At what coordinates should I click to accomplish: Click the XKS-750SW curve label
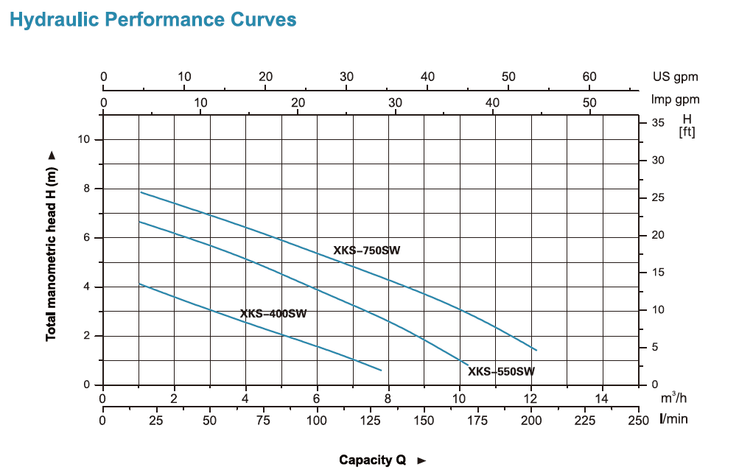pyautogui.click(x=367, y=251)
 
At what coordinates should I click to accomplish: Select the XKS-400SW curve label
pyautogui.click(x=273, y=314)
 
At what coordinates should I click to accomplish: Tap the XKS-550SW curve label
pyautogui.click(x=501, y=371)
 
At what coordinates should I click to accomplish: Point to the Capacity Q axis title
pyautogui.click(x=373, y=460)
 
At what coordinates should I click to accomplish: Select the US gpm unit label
pyautogui.click(x=675, y=77)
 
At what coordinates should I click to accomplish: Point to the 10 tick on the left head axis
pyautogui.click(x=86, y=139)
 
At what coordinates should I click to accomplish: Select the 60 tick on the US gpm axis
pyautogui.click(x=589, y=77)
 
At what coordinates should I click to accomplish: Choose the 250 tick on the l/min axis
pyautogui.click(x=638, y=419)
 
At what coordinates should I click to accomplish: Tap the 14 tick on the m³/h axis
pyautogui.click(x=602, y=399)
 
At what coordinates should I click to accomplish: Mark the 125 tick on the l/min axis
pyautogui.click(x=371, y=419)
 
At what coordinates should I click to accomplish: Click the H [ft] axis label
pyautogui.click(x=687, y=125)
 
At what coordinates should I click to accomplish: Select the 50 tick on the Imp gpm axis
pyautogui.click(x=589, y=102)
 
